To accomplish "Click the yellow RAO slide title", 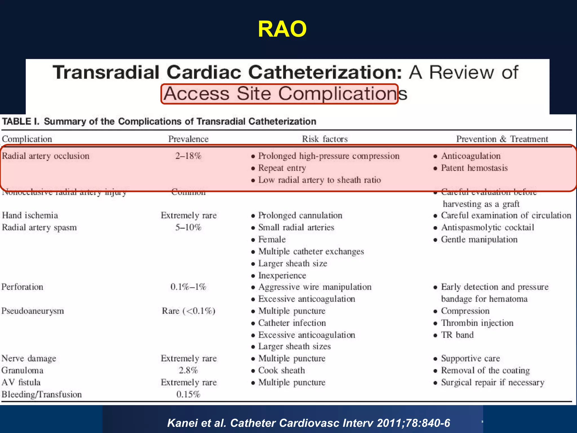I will (282, 29).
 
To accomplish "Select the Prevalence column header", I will (188, 139).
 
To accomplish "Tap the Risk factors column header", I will (325, 139).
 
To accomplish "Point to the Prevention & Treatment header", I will (502, 139).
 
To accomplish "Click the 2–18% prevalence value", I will (188, 156).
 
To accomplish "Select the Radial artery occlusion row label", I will (46, 156).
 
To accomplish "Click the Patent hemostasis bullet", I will (474, 168).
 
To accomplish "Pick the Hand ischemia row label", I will (30, 215).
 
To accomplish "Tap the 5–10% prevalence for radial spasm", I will (188, 227).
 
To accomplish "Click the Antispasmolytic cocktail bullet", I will (487, 227).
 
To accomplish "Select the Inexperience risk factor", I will (282, 275).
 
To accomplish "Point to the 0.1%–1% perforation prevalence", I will (188, 287).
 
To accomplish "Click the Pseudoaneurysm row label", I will (33, 311).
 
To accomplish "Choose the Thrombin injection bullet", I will (477, 323).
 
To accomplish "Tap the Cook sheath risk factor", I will (281, 370).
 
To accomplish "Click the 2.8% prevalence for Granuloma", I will (188, 370).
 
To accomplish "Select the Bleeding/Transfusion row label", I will (42, 394).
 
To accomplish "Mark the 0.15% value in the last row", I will (188, 394).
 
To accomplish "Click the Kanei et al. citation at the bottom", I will (309, 423).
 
